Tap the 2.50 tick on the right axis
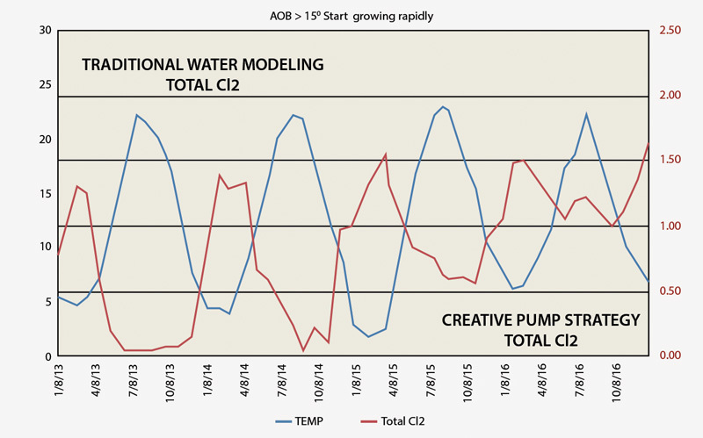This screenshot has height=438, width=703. (671, 31)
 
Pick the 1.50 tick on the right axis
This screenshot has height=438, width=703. (671, 161)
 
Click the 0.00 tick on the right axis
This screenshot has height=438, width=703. (671, 355)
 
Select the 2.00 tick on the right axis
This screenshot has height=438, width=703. (671, 96)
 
